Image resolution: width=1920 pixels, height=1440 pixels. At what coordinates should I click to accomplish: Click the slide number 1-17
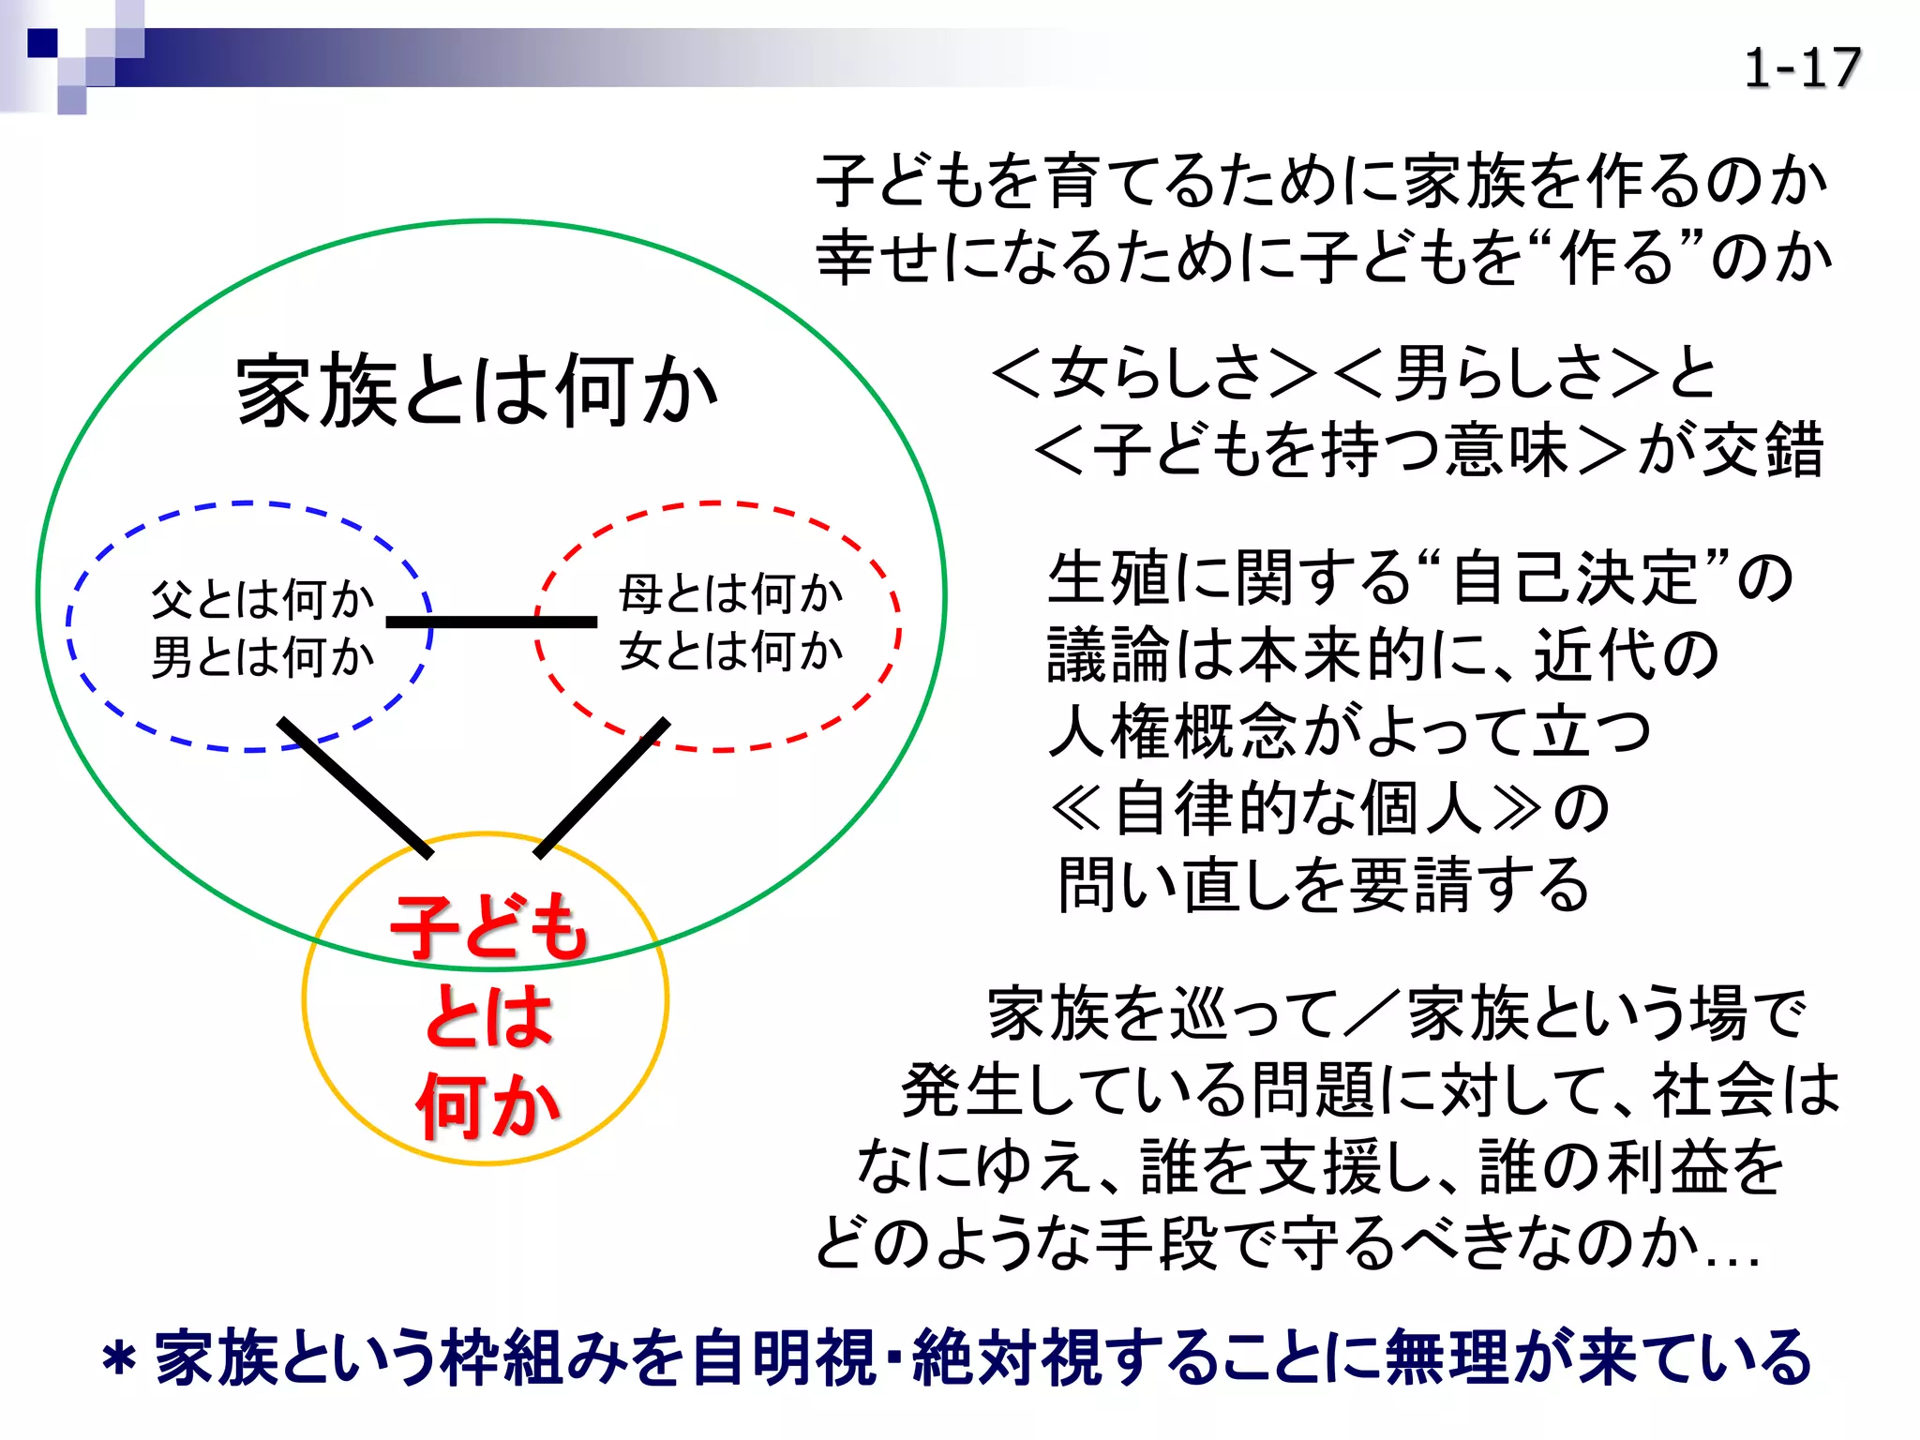click(x=1801, y=68)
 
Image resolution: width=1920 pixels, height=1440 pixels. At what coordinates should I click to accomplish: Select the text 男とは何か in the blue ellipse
click(x=262, y=656)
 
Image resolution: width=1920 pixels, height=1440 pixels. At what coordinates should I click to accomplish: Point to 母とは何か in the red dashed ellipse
click(x=730, y=593)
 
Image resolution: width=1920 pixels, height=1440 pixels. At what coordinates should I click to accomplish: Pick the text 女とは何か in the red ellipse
click(x=730, y=651)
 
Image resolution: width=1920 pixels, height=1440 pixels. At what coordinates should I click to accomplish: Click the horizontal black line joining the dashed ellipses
click(x=491, y=622)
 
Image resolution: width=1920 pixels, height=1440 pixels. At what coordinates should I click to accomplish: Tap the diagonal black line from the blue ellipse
click(x=356, y=788)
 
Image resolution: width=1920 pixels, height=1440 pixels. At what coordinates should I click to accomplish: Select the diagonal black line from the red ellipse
click(x=602, y=788)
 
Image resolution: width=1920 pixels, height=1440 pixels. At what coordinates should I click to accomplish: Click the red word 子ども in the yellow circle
click(x=488, y=927)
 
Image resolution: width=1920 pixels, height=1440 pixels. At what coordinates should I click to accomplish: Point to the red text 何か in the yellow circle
click(x=487, y=1106)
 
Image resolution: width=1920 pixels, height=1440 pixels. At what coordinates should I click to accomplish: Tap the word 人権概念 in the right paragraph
click(x=1172, y=731)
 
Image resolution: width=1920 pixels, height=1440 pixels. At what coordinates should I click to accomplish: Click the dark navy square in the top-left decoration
click(x=42, y=43)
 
